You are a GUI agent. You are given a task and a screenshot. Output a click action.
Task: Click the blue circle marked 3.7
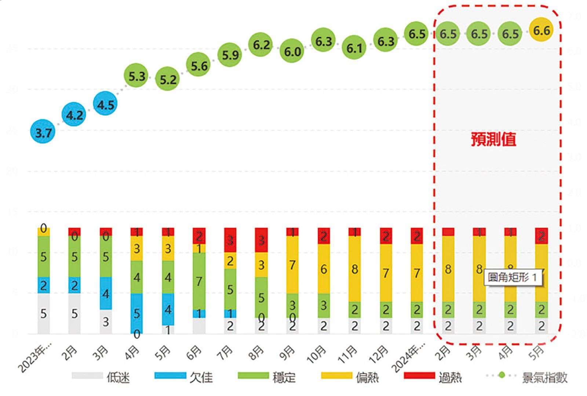(43, 132)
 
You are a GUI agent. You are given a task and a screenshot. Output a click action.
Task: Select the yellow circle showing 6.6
(542, 30)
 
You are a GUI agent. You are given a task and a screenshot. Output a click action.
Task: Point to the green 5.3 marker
(136, 76)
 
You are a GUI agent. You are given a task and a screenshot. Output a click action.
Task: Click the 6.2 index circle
(261, 44)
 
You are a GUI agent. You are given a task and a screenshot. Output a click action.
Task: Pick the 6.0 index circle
(292, 51)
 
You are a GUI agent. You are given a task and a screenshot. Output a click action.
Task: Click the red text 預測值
(493, 139)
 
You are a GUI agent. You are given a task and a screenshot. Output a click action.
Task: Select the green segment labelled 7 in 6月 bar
(199, 281)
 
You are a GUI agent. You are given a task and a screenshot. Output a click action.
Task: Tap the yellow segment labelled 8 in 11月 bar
(354, 269)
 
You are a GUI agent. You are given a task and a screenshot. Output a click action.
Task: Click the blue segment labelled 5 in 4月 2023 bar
(136, 313)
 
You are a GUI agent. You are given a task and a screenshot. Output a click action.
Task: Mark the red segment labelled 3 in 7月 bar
(230, 240)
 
